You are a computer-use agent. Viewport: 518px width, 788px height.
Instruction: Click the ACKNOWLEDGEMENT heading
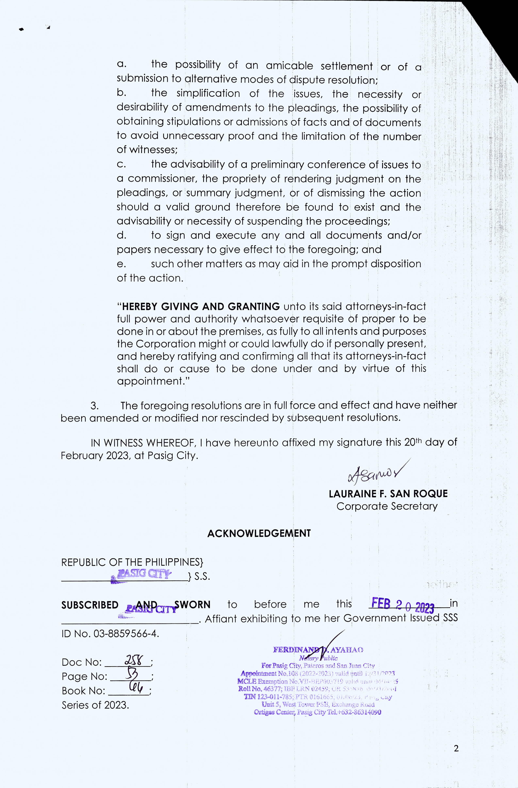click(x=259, y=533)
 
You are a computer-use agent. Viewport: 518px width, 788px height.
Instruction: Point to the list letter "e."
click(x=121, y=264)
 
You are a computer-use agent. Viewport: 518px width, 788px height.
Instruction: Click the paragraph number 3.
click(x=95, y=406)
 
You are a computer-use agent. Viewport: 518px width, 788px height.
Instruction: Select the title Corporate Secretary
click(x=387, y=506)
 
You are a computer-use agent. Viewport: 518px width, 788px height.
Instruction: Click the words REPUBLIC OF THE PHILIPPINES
click(x=132, y=562)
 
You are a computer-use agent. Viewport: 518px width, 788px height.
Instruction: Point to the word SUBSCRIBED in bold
click(x=90, y=605)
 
